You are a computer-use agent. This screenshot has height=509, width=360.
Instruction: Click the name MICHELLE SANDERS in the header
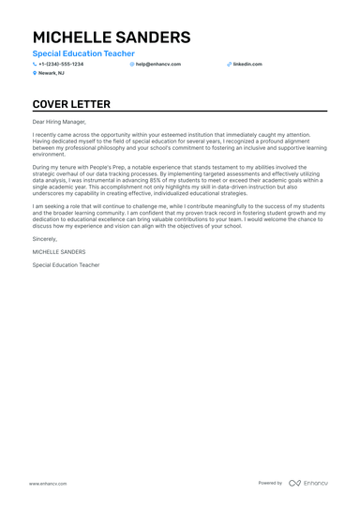(x=111, y=37)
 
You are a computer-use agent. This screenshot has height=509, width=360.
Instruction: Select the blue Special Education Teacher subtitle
(x=83, y=53)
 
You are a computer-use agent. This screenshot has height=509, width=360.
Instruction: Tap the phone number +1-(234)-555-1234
(x=61, y=64)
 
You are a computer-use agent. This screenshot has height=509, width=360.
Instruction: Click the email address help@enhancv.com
(x=158, y=64)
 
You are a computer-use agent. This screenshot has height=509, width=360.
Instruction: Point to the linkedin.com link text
(x=247, y=64)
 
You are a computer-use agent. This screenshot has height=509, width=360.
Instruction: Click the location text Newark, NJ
(x=52, y=72)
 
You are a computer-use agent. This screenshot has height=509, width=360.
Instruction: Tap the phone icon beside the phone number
(x=35, y=64)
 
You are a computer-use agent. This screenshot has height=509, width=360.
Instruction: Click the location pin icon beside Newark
(x=35, y=72)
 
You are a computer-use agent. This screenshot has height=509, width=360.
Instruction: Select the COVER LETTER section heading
(x=71, y=104)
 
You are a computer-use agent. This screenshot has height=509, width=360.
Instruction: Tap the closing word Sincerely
(x=44, y=241)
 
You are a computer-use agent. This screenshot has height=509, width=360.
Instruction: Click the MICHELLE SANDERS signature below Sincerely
(x=58, y=252)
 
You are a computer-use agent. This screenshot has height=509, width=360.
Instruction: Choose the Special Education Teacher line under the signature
(x=66, y=264)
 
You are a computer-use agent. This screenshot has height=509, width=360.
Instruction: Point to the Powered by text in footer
(x=270, y=483)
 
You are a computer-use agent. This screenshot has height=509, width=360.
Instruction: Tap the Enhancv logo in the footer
(x=308, y=483)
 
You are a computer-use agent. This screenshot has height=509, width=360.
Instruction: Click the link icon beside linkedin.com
(x=229, y=64)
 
